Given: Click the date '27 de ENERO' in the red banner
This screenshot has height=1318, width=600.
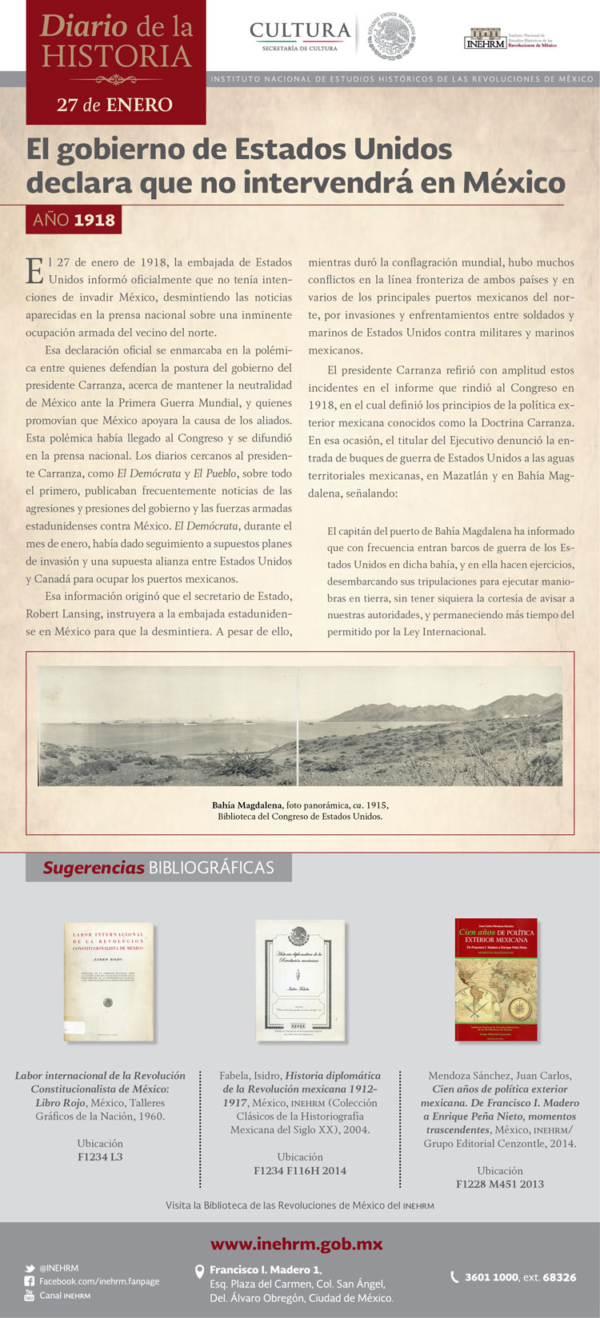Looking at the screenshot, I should coord(114,105).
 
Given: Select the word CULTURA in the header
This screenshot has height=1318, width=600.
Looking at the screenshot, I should coord(300,30).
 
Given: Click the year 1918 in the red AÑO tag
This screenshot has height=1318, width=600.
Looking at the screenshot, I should coord(94,220).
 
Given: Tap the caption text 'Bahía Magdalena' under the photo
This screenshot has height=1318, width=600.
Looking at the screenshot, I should coord(246,805).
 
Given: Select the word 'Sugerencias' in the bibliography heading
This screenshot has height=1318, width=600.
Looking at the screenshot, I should coord(94,868).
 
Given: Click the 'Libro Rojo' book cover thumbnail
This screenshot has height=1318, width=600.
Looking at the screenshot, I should coord(110,982).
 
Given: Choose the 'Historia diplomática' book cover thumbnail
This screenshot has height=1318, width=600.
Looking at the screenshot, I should coord(300,981).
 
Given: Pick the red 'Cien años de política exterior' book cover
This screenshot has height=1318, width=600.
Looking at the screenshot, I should coord(495,981).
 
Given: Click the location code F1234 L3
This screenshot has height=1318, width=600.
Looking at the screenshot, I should coord(100,1157).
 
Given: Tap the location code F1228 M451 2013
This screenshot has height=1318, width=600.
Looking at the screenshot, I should coord(500,1184).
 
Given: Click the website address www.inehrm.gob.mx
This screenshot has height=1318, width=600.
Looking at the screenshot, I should coord(296,1244).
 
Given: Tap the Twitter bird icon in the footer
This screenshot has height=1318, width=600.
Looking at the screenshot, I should coord(30,1268).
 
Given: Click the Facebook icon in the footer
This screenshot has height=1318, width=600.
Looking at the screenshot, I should coord(30,1281).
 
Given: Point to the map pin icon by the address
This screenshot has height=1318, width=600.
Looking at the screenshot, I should coord(200,1272).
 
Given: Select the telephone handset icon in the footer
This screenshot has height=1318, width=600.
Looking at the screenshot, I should coord(454,1277).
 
